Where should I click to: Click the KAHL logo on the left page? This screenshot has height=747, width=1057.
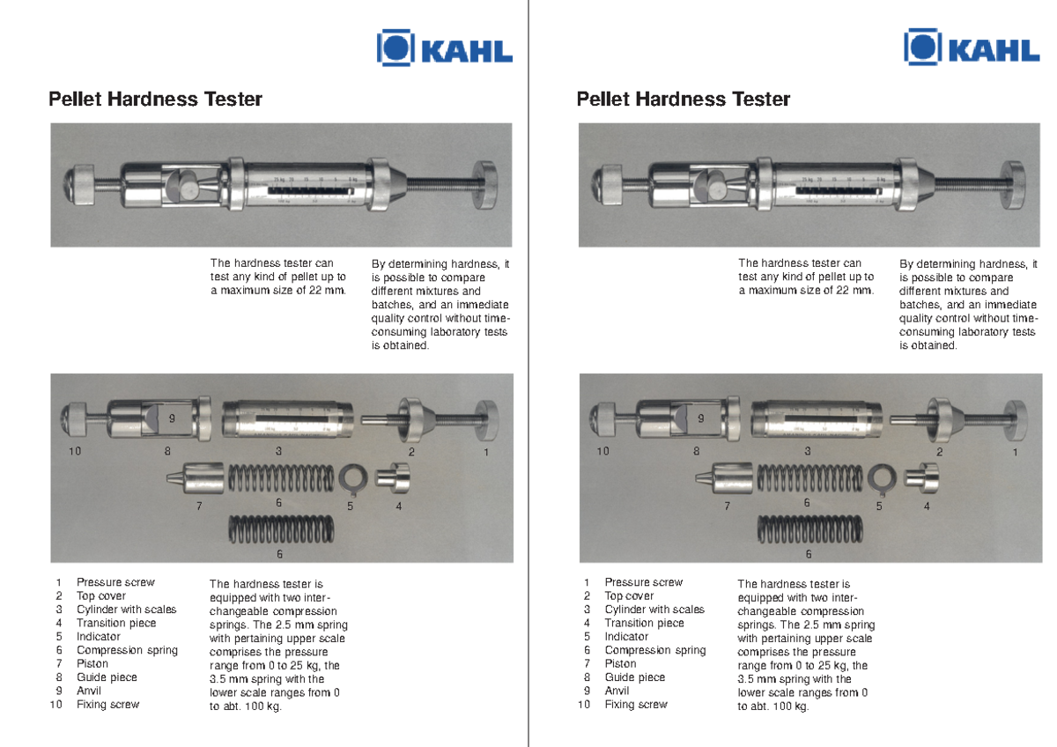[x=444, y=48]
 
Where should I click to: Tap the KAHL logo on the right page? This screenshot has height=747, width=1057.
[x=972, y=48]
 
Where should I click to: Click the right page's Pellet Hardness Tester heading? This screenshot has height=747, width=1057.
[x=683, y=100]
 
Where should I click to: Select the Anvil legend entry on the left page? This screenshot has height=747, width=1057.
[x=90, y=691]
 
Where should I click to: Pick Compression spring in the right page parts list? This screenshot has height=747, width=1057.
[x=654, y=650]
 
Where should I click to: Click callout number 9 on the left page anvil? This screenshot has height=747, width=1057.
[x=173, y=418]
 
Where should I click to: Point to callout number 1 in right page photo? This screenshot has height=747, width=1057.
[x=1015, y=452]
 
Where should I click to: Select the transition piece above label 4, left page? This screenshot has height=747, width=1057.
[x=388, y=477]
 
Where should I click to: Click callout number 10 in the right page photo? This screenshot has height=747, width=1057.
[x=602, y=452]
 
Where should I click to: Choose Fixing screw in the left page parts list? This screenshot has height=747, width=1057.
[x=107, y=705]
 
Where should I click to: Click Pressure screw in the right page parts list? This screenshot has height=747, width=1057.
[x=643, y=582]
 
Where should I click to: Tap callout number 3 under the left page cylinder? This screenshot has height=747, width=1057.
[x=278, y=451]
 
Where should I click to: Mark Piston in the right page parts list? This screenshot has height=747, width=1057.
[x=621, y=663]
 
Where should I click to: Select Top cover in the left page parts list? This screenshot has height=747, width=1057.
[x=100, y=595]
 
